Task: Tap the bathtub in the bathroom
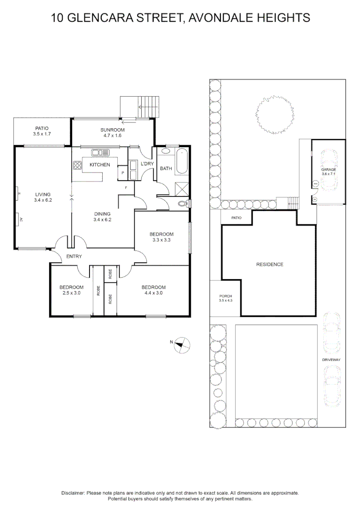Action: [x=181, y=162]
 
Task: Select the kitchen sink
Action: [x=100, y=152]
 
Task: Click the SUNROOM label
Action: [x=112, y=130]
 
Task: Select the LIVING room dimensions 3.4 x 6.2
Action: [x=42, y=200]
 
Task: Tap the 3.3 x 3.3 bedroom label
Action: [x=162, y=240]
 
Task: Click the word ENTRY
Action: [x=74, y=256]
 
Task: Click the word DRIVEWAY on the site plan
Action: [x=331, y=360]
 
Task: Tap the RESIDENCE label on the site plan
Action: [x=270, y=264]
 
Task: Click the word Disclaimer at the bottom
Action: [x=73, y=493]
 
